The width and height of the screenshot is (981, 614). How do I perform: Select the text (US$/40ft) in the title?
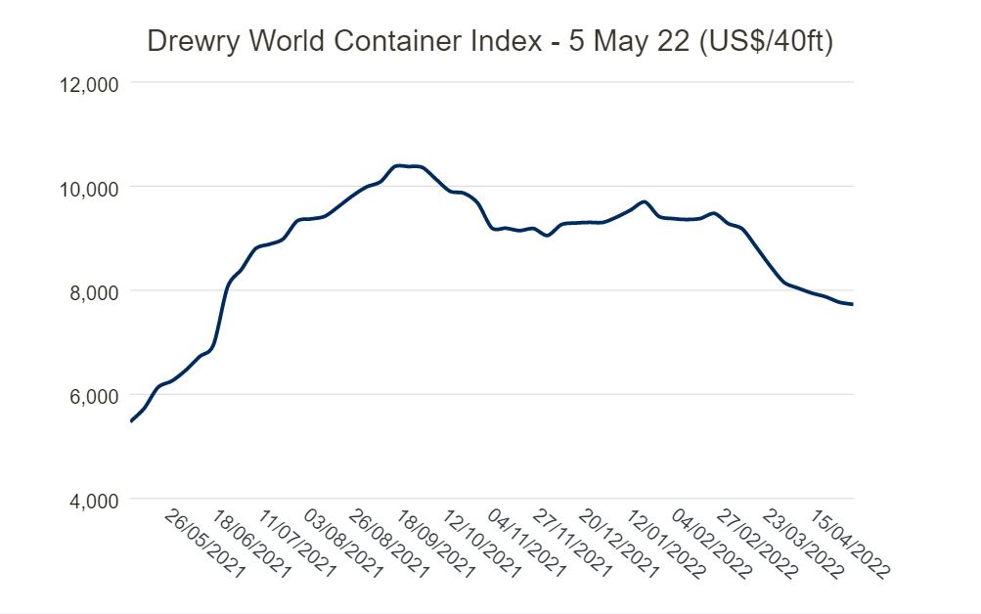pos(767,42)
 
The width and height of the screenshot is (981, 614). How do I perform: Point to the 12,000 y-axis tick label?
pos(88,84)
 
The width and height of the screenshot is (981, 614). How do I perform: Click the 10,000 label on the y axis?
pos(88,189)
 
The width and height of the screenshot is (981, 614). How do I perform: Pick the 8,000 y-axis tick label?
pos(94,292)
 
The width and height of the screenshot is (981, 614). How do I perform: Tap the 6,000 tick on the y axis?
pos(94,396)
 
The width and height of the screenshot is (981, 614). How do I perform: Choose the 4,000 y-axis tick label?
pos(94,501)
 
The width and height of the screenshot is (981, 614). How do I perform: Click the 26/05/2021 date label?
pos(204,544)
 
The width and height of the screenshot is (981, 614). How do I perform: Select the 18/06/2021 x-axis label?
pos(251,544)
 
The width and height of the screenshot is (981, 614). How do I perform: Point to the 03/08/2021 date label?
pos(343,544)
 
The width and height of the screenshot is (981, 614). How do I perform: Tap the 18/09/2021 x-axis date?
pos(435,544)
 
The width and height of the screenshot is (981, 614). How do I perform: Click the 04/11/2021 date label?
pos(527,544)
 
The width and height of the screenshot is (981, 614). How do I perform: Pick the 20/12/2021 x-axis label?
pos(619,544)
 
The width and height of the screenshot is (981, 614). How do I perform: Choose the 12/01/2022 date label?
pos(666,544)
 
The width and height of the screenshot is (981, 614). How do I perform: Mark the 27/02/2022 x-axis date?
pos(758,544)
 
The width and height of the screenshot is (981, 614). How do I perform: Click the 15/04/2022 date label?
pos(850,544)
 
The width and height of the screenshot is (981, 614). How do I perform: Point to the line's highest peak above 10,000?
pos(398,165)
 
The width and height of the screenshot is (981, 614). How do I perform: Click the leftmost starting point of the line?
pos(131,421)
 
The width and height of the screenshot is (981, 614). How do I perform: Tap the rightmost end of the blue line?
pos(852,304)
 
